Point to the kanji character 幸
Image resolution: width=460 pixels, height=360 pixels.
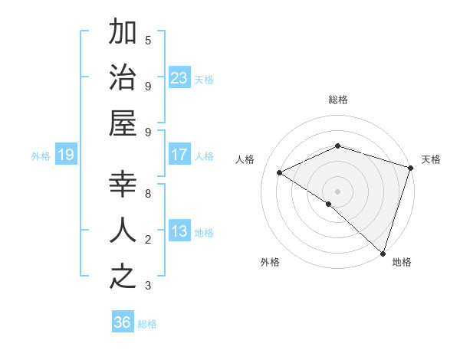pos(123,184)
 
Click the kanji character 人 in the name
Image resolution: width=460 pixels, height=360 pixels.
pos(123,231)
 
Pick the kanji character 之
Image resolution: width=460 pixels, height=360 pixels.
pos(123,277)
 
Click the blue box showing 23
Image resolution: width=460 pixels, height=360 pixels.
pos(179,77)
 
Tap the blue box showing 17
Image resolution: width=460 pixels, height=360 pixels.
pos(179,155)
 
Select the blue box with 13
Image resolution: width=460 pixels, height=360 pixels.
pos(179,231)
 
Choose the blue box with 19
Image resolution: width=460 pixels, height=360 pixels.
pos(66,155)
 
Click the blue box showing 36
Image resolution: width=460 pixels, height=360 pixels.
pos(123,322)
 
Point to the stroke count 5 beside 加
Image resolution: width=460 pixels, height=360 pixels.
pos(148,40)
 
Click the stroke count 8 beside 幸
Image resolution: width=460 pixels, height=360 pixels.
pos(148,194)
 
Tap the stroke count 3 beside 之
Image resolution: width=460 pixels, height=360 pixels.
pos(148,286)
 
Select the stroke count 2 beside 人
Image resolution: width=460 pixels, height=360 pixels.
pos(148,240)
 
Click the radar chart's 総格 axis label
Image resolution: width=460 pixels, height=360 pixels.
pos(338,100)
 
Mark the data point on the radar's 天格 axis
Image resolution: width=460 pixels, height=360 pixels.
pos(410,168)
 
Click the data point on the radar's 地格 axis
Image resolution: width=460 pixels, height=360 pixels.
pos(382,252)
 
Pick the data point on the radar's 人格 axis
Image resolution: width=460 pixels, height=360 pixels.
pos(280,172)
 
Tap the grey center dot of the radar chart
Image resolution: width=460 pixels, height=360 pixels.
pos(337,191)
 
